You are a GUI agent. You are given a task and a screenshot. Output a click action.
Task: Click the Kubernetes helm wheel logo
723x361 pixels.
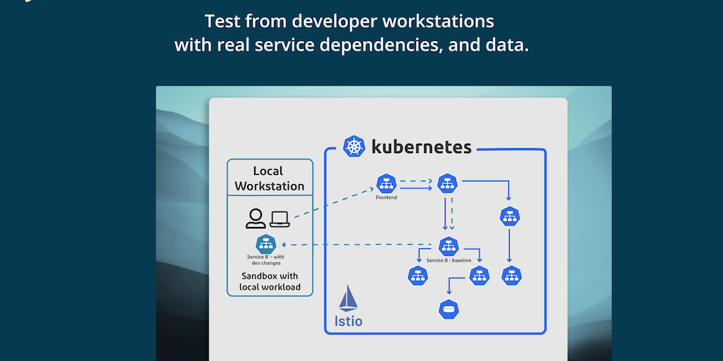354,147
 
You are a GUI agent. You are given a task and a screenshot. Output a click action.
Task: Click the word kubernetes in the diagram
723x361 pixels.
422,147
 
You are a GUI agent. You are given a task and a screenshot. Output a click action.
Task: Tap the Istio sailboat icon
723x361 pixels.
348,298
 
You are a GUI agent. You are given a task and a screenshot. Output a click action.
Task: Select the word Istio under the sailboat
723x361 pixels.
348,322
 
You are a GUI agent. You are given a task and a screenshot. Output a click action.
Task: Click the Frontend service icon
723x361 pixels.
386,183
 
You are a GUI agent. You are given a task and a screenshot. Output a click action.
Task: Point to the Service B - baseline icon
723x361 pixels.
448,247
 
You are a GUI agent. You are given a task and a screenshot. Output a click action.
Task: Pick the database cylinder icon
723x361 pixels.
448,308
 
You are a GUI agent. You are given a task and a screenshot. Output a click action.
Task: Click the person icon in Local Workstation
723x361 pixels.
255,219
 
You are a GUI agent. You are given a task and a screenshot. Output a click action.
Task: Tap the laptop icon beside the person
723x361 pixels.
280,219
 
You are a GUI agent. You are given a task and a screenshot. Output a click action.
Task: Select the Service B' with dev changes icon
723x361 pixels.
267,244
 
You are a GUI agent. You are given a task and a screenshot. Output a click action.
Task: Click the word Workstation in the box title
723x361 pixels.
270,186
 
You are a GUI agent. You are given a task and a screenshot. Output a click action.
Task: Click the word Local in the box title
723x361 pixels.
268,171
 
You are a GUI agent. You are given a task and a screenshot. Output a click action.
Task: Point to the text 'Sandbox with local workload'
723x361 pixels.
270,281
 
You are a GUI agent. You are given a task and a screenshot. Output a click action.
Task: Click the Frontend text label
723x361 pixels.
386,197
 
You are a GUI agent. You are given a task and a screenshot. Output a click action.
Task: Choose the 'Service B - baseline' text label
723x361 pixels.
449,261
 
